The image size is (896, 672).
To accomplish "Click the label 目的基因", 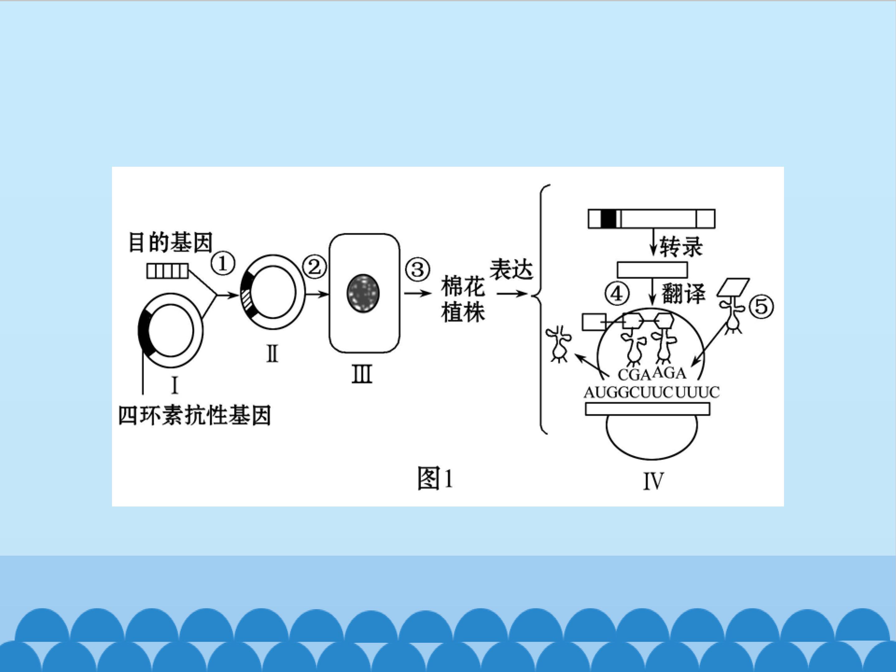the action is [170, 242].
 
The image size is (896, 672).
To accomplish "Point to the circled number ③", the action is [418, 269].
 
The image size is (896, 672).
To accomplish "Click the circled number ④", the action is [617, 294].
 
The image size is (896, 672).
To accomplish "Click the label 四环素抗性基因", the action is [194, 415].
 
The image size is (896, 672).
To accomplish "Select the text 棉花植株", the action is [463, 299].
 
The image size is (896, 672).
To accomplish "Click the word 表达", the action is [511, 269].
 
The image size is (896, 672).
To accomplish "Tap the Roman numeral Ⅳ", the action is [653, 482].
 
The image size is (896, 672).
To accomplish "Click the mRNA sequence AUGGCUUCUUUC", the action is [651, 392].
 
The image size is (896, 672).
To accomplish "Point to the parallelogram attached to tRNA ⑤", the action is [733, 287].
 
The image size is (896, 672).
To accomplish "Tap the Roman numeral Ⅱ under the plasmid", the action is [272, 354].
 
